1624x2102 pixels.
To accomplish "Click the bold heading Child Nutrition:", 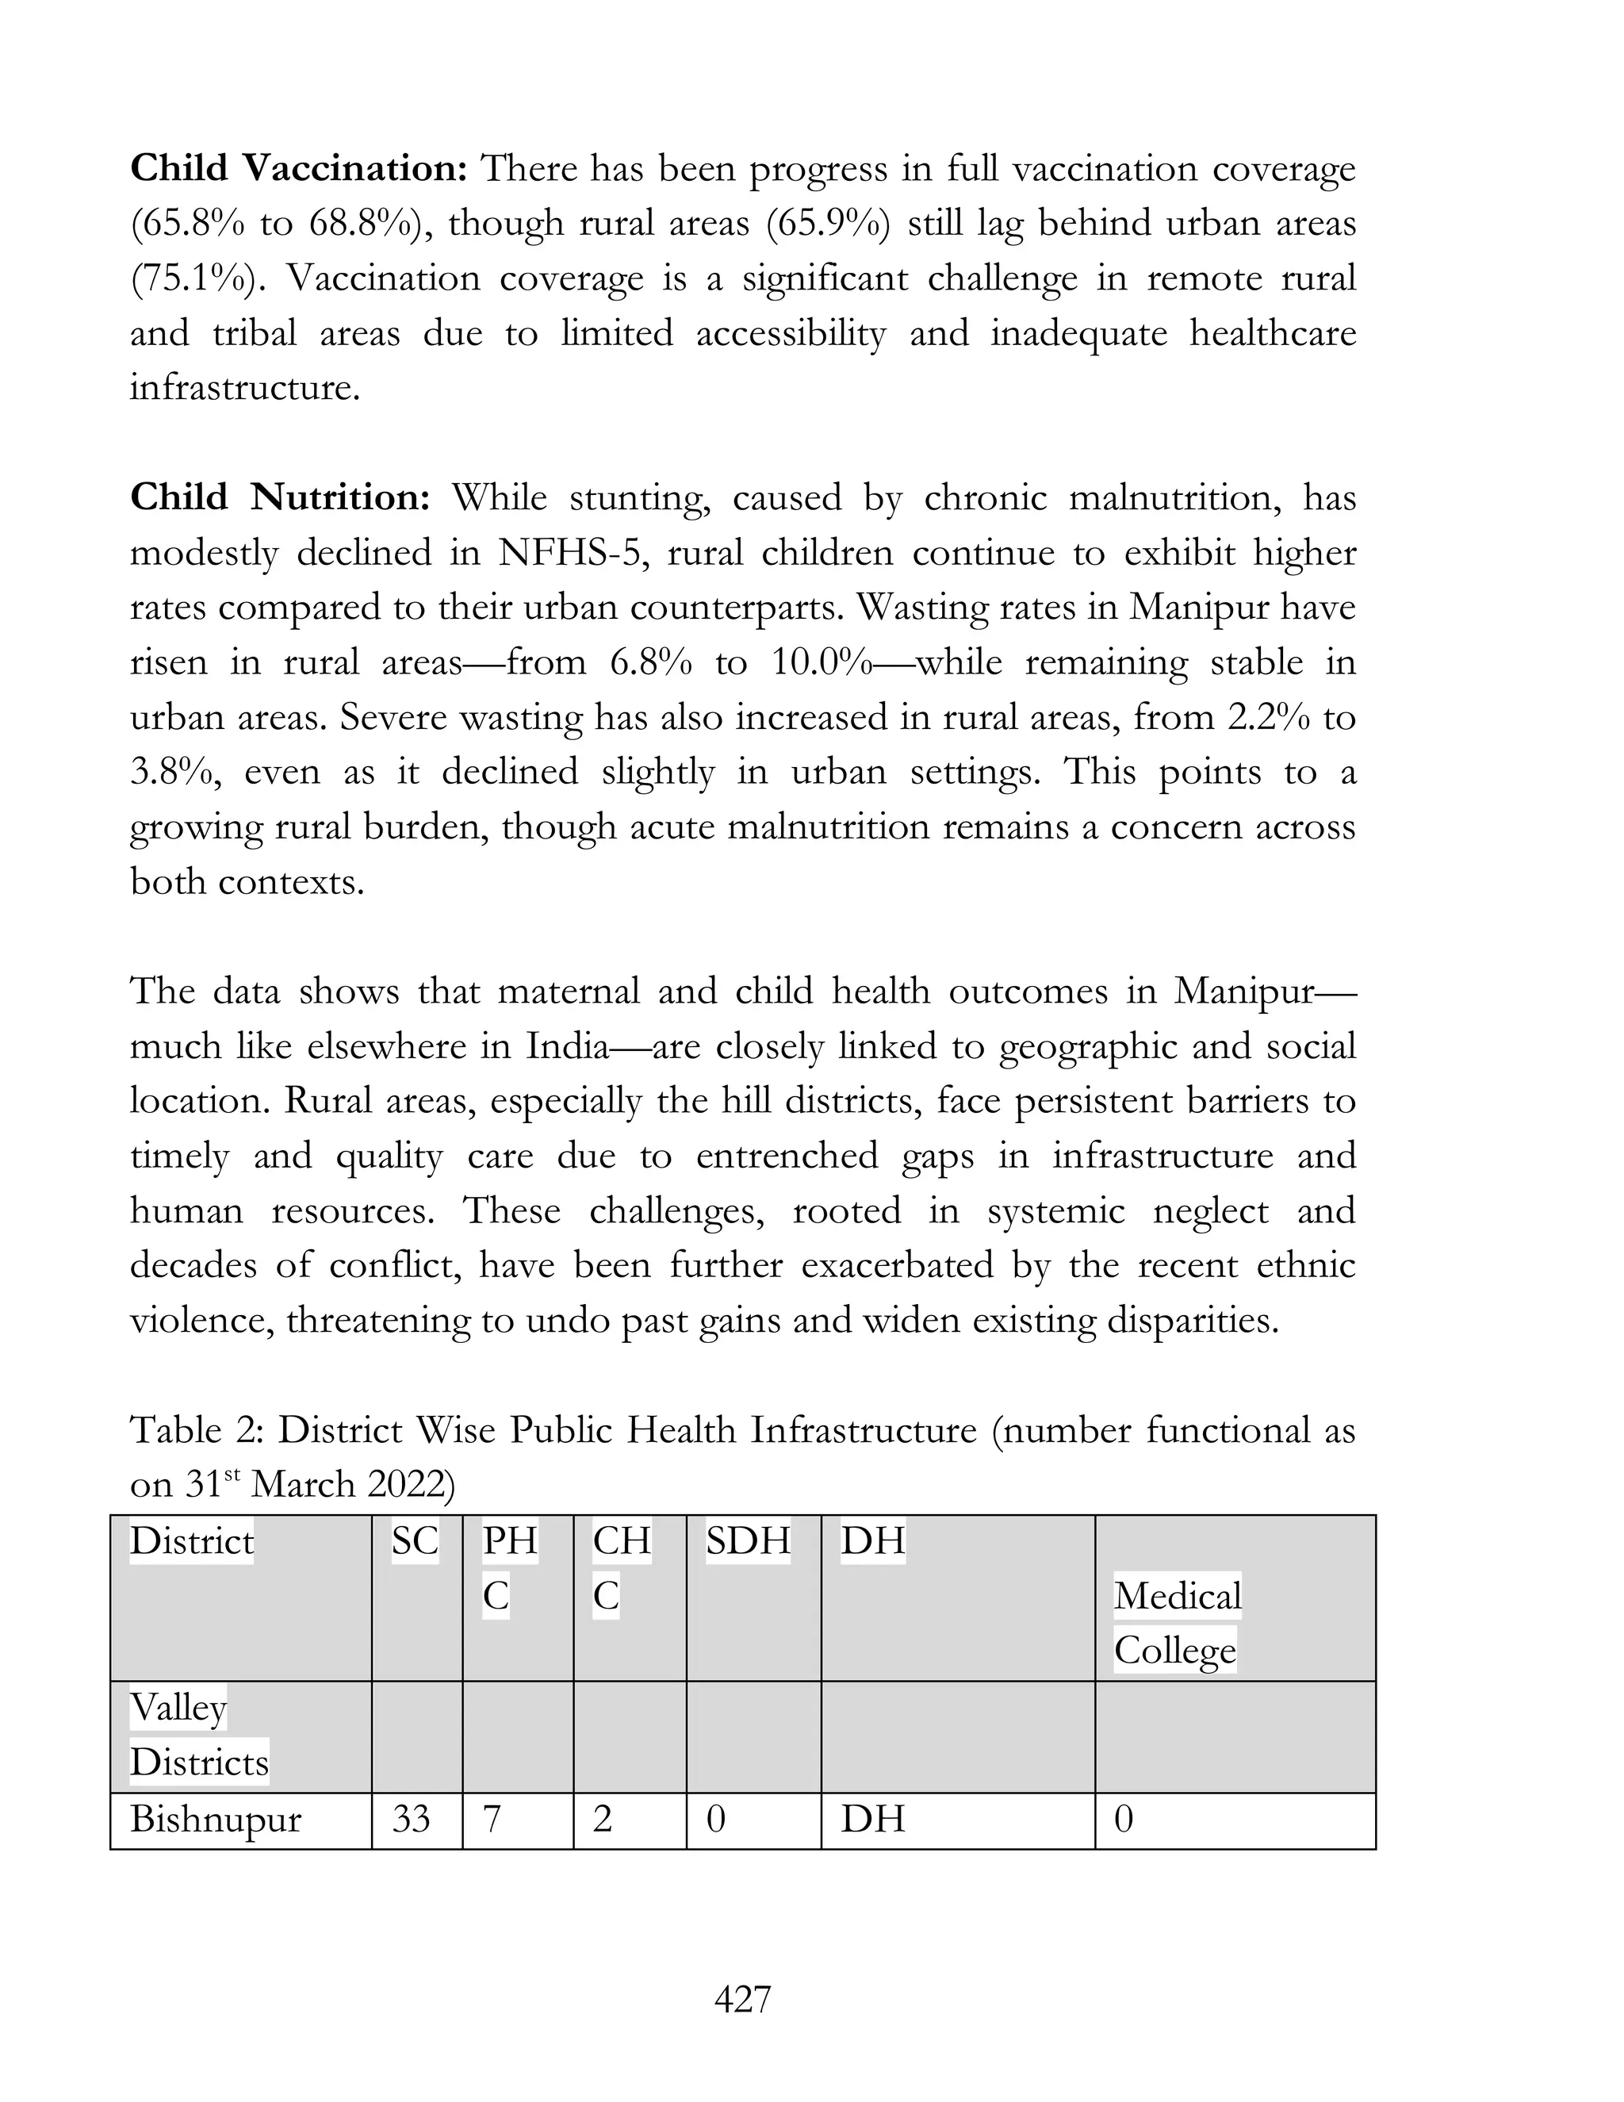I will point(279,499).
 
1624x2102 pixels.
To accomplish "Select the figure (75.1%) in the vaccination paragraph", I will point(199,279).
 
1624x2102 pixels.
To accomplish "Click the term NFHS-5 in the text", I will point(569,554).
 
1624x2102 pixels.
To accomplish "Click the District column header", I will point(191,1542).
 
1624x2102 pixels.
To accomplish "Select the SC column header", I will point(415,1542).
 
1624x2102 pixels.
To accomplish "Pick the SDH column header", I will point(748,1542).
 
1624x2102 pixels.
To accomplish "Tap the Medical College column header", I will point(1177,1624).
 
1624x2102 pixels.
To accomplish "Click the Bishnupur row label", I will point(216,1820).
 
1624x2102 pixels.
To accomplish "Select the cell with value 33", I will point(411,1820).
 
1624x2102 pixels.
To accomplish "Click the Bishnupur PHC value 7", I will point(492,1820).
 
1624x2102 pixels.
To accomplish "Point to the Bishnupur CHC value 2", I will point(603,1820).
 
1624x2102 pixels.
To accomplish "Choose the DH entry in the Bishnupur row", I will point(872,1820).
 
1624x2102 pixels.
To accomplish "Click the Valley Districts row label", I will point(197,1736).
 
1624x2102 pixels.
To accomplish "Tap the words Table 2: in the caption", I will point(197,1431).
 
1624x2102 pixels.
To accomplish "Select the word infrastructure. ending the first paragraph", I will point(244,389).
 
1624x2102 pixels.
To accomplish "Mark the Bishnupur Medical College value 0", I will point(1123,1820).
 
